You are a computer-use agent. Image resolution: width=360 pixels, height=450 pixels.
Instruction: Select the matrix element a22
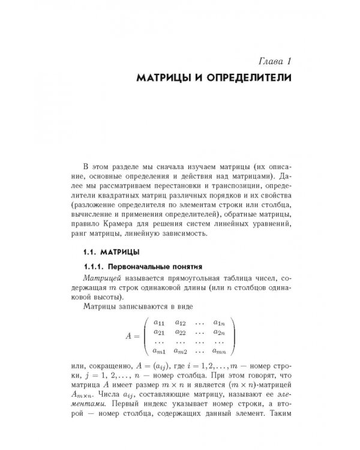[180, 332]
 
